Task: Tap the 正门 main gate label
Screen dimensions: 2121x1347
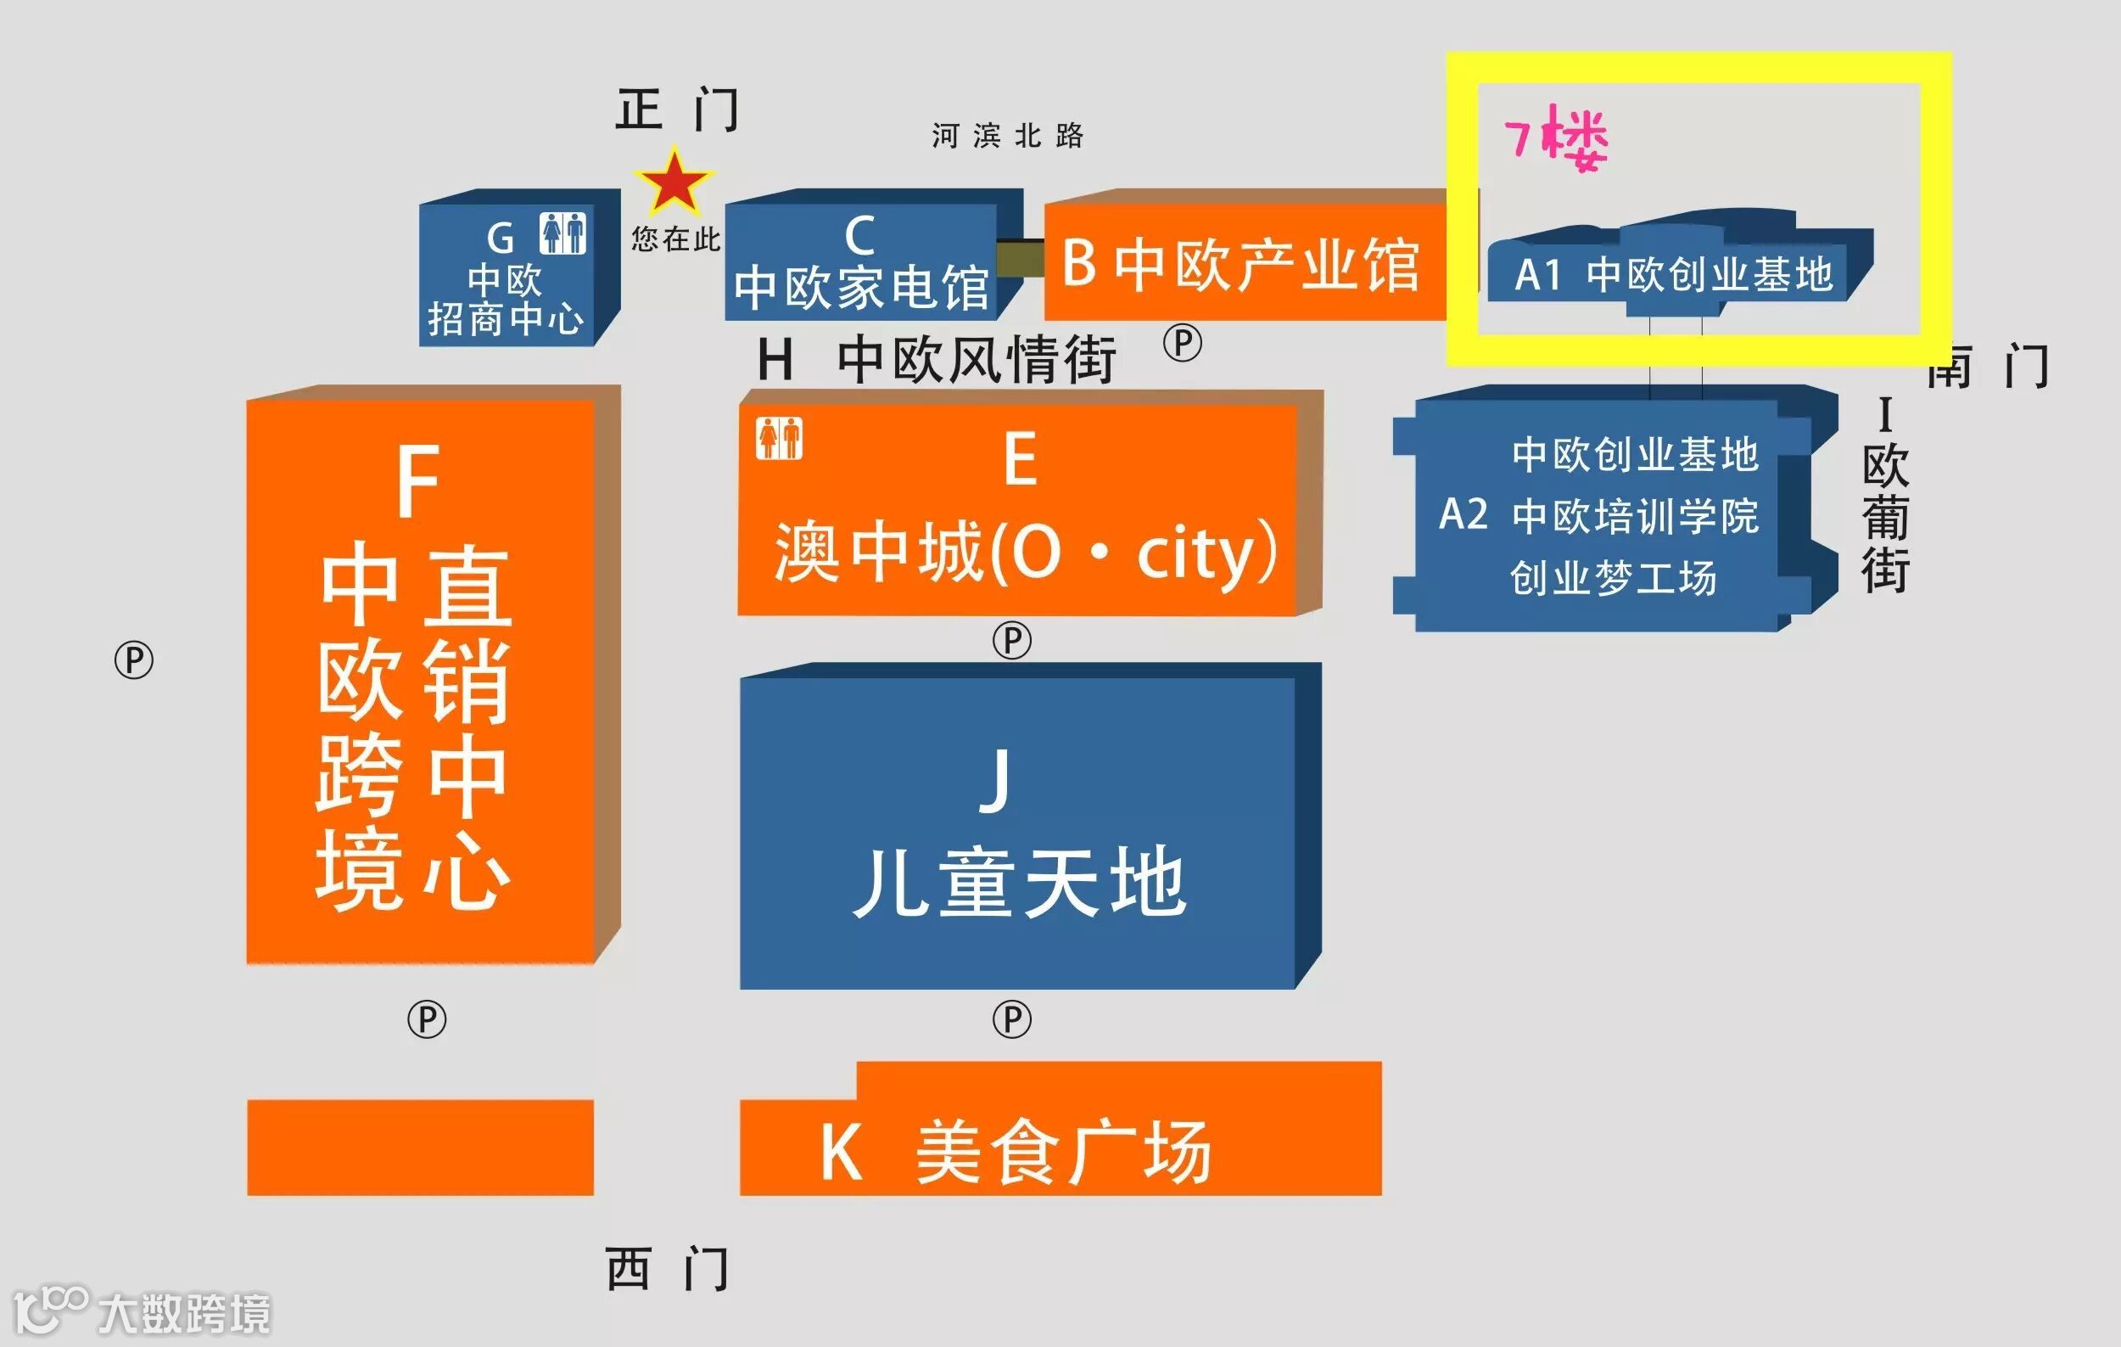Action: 676,110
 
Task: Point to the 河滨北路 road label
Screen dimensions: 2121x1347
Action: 1008,136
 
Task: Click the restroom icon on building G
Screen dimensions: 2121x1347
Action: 562,233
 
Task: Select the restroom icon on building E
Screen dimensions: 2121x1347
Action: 779,438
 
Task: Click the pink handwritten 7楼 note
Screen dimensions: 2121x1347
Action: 1557,139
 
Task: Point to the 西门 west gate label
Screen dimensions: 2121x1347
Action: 667,1269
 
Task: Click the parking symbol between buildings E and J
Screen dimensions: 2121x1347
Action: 1012,641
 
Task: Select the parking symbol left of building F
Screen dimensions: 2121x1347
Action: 134,659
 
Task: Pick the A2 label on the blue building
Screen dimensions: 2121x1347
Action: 1463,514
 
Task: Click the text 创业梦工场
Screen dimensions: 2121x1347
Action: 1613,578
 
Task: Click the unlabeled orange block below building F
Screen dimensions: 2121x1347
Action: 420,1147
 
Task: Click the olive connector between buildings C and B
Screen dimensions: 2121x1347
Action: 1020,256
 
